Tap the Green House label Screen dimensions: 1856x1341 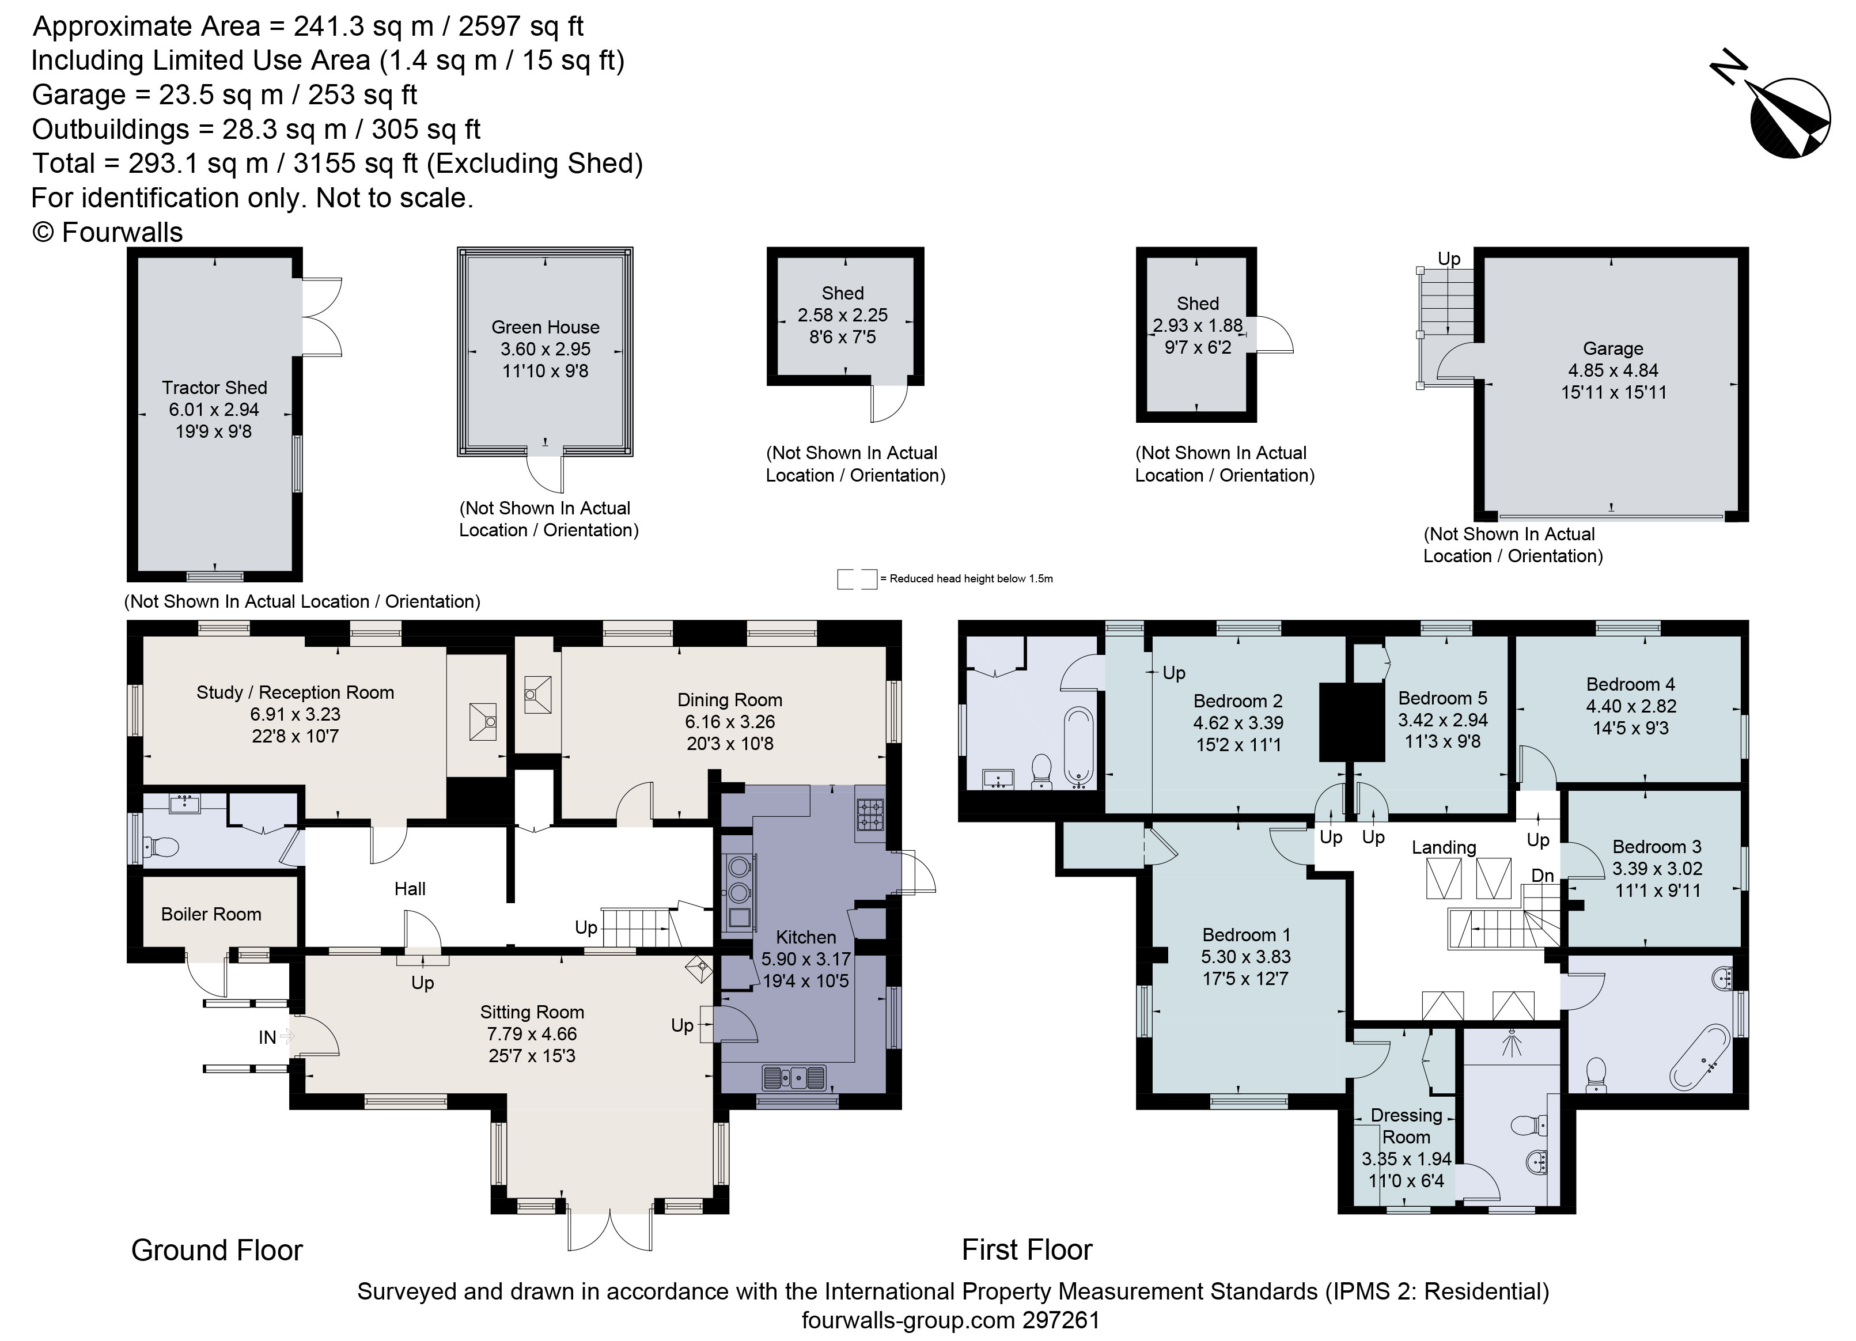[x=545, y=327]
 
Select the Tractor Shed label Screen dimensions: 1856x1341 [x=214, y=388]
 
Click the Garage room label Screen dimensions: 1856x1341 [x=1612, y=348]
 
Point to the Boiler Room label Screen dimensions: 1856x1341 [x=211, y=914]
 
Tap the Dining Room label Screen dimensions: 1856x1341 [x=730, y=700]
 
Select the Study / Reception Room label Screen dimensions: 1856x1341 [x=296, y=692]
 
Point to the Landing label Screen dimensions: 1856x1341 [x=1444, y=848]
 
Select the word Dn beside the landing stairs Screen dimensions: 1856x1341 [x=1543, y=876]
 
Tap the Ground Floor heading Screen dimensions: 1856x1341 [x=217, y=1250]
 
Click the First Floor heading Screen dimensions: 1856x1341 [x=1027, y=1249]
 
